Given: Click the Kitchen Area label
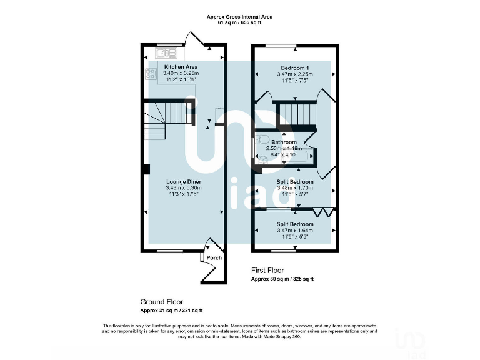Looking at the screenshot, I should point(181,66).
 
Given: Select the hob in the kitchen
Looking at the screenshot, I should point(151,74).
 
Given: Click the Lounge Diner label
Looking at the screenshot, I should point(183,182).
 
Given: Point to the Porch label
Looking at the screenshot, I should point(214,257).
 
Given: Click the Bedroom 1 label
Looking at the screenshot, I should point(294,67).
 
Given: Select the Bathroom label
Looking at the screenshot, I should point(284,142).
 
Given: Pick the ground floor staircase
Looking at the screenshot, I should point(164,119).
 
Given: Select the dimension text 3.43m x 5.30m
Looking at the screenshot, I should point(183,188).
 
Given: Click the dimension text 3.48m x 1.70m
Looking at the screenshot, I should point(295,188).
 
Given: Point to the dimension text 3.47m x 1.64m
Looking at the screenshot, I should point(295,231).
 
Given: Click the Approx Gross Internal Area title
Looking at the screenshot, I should point(240,16).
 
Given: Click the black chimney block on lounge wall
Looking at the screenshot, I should point(145,169).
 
